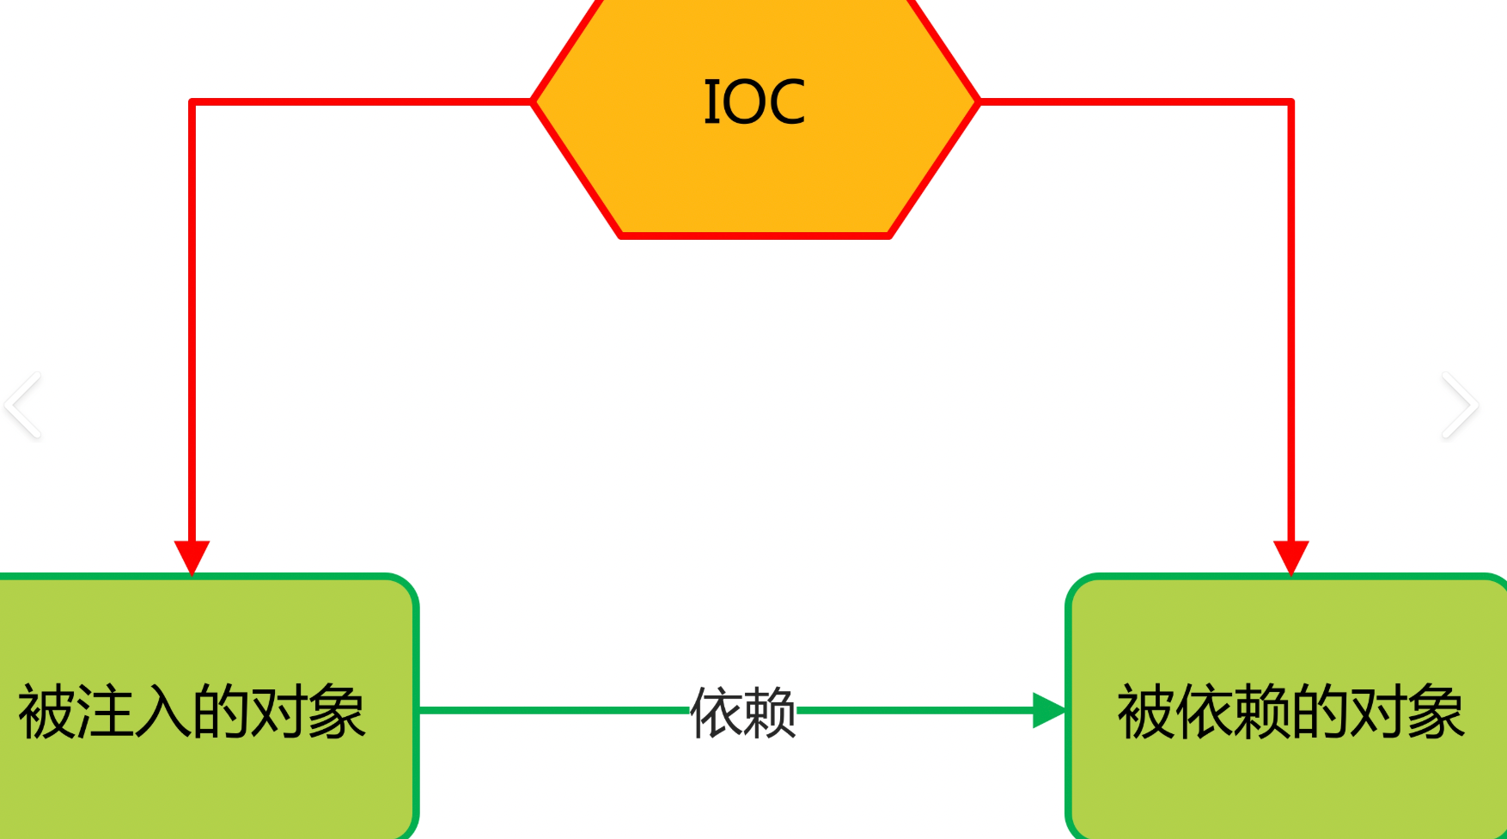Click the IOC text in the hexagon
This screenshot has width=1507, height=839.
[x=754, y=102]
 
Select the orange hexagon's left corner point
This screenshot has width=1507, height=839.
[x=534, y=101]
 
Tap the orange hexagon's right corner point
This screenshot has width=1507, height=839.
[x=978, y=101]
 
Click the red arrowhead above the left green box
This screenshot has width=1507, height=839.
[x=192, y=556]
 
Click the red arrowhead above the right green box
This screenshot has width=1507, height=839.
[x=1290, y=556]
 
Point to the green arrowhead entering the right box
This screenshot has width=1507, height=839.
[x=1049, y=710]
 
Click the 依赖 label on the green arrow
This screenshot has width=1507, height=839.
[x=743, y=712]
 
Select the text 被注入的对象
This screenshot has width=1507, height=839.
[x=192, y=712]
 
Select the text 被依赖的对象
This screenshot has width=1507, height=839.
[x=1290, y=712]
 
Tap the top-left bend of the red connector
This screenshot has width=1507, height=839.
[x=192, y=102]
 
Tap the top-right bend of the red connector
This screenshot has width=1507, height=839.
[x=1290, y=102]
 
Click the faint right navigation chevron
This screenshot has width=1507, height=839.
[x=1460, y=405]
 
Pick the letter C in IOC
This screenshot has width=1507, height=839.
[x=783, y=102]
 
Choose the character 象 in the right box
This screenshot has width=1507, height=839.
[x=1436, y=712]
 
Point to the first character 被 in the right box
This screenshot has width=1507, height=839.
[x=1145, y=712]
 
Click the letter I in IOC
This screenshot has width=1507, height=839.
[x=711, y=102]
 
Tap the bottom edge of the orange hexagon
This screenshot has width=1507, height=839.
[x=754, y=235]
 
